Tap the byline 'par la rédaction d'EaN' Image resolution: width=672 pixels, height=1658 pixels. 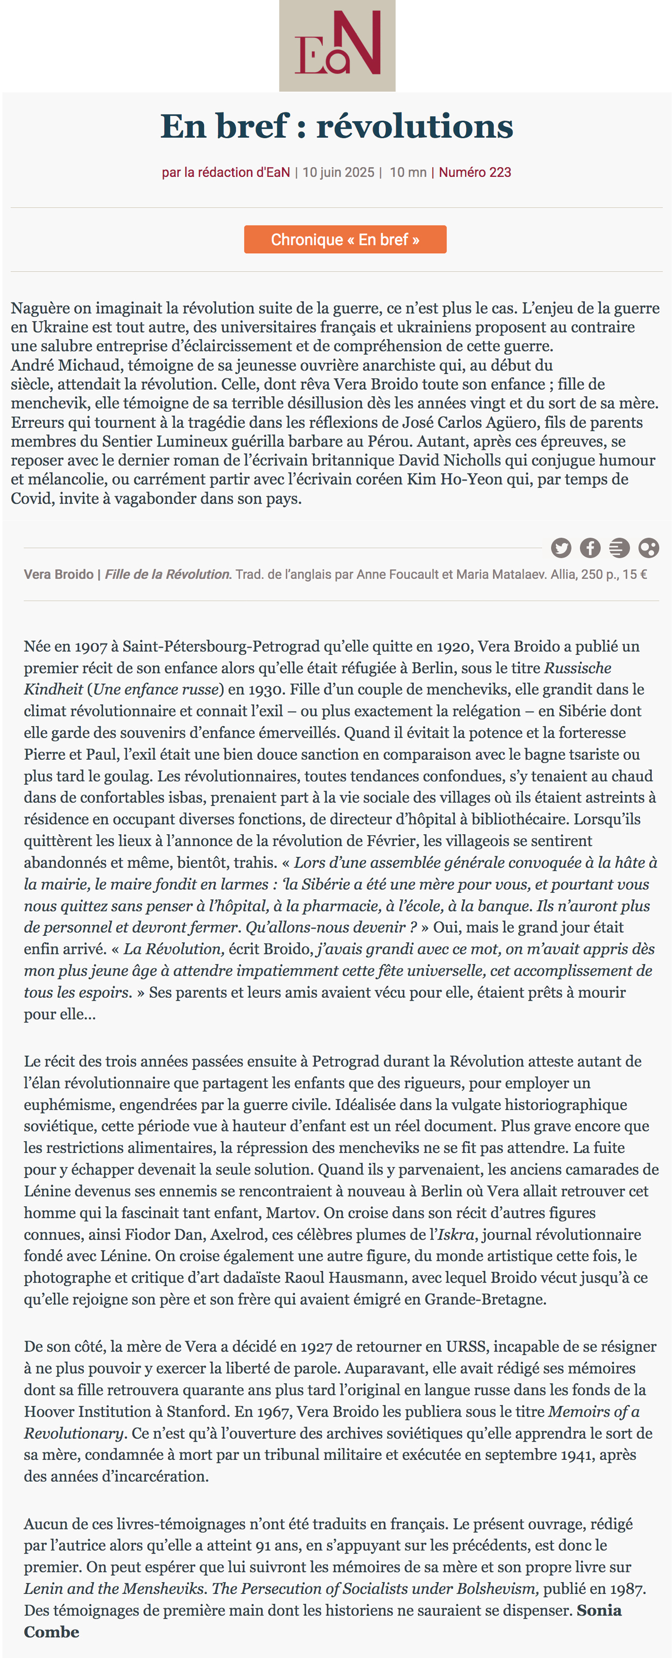pyautogui.click(x=226, y=172)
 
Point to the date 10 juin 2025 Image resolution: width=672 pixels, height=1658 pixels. pyautogui.click(x=338, y=172)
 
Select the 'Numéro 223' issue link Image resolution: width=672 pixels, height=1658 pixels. pyautogui.click(x=475, y=172)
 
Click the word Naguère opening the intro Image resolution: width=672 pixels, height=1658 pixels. pyautogui.click(x=39, y=308)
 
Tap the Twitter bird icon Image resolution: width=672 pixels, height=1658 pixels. pyautogui.click(x=561, y=548)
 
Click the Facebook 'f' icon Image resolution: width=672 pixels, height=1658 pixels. pyautogui.click(x=590, y=548)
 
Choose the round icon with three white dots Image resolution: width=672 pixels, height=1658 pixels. pyautogui.click(x=648, y=548)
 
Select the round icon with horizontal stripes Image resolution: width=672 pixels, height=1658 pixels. pyautogui.click(x=619, y=548)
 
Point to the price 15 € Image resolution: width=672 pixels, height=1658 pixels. pyautogui.click(x=635, y=574)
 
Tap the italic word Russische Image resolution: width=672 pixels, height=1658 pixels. pyautogui.click(x=577, y=668)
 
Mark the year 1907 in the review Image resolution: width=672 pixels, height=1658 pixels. pyautogui.click(x=92, y=646)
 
